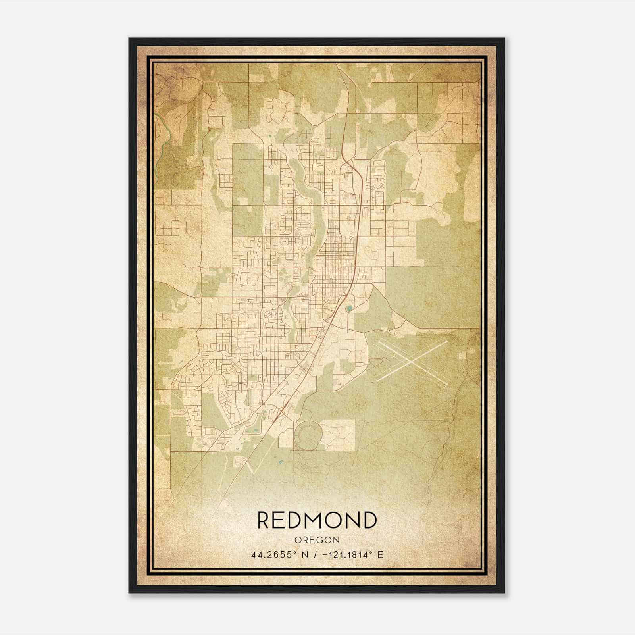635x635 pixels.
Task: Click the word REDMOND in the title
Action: pyautogui.click(x=317, y=520)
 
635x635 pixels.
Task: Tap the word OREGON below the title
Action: pyautogui.click(x=317, y=540)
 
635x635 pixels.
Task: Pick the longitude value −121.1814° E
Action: pyautogui.click(x=348, y=555)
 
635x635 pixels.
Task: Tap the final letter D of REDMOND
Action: pyautogui.click(x=369, y=520)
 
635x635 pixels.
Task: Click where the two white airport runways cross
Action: pyautogui.click(x=413, y=360)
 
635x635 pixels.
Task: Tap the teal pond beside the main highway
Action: pyautogui.click(x=349, y=308)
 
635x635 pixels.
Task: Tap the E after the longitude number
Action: pyautogui.click(x=380, y=555)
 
